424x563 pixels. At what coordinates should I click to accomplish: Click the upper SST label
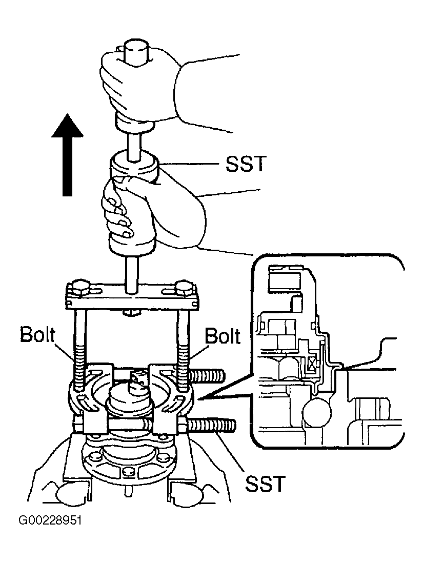pos(246,164)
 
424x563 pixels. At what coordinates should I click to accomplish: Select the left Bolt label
pos(37,335)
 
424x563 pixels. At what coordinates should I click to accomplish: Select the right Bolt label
pos(222,336)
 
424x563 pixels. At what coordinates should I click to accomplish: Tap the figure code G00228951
pos(50,520)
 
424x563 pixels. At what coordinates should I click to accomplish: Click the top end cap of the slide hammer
pos(136,53)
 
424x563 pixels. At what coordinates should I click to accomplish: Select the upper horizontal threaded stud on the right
pos(206,376)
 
